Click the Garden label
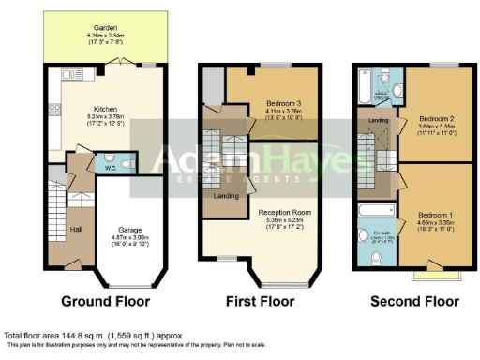click(x=93, y=28)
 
